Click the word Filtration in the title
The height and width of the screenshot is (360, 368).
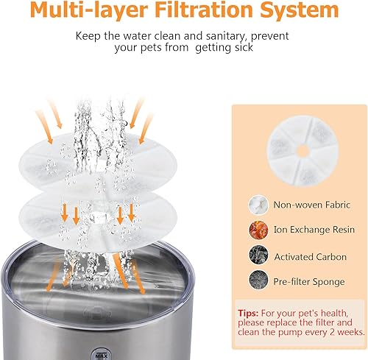tap(209, 11)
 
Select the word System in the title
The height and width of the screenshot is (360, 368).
tap(298, 11)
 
